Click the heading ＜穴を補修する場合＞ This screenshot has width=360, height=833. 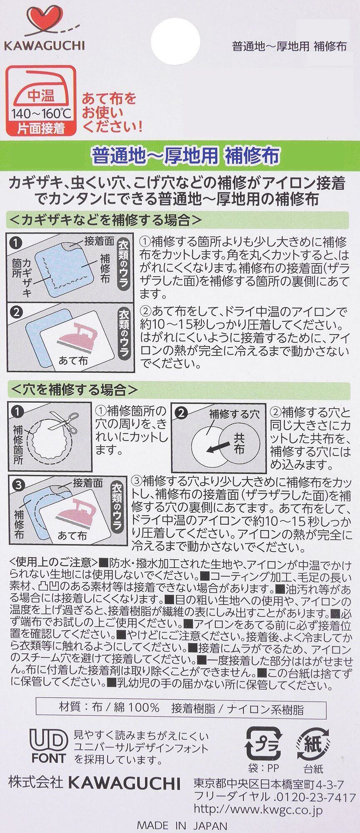[73, 389]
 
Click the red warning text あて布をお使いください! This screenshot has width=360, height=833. [112, 112]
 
